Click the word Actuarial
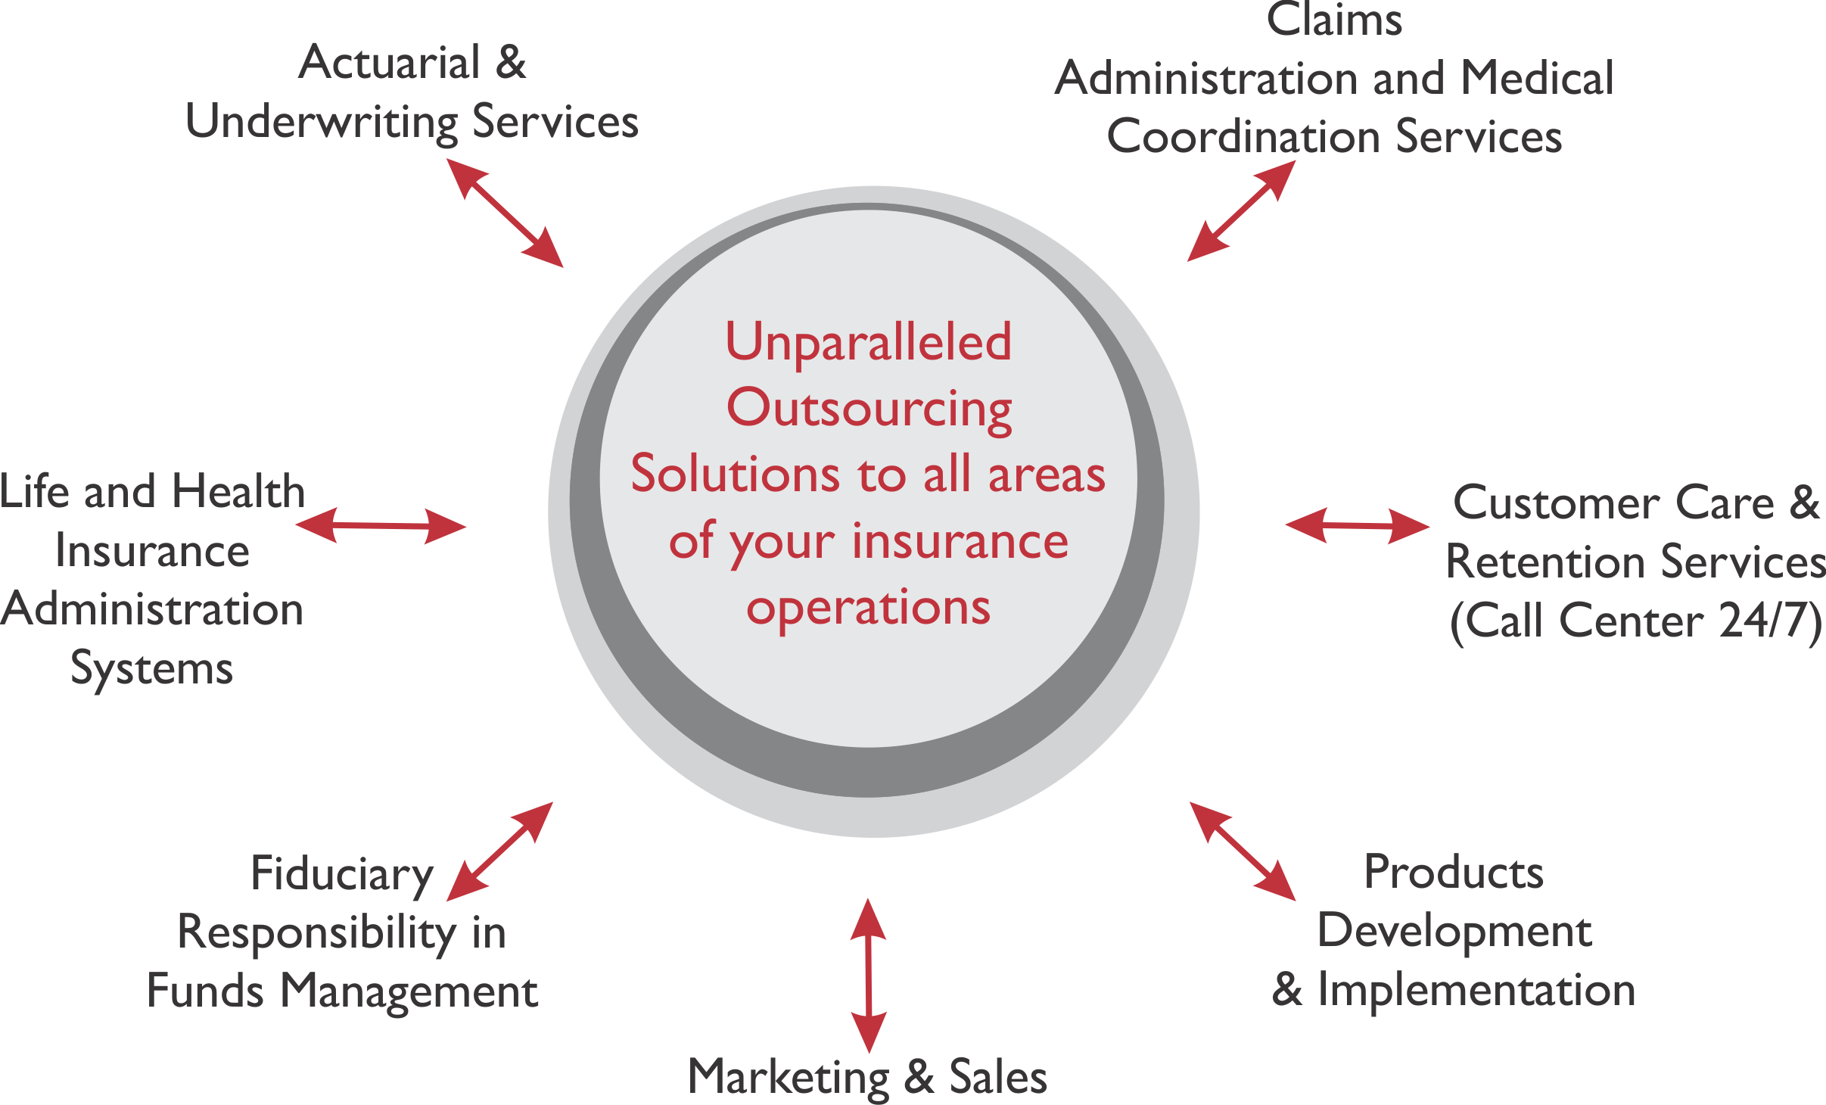(390, 62)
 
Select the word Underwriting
(322, 123)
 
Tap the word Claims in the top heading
(1334, 19)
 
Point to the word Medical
(1537, 78)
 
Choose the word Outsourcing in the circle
(869, 409)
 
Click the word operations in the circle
(868, 609)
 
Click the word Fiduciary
(342, 876)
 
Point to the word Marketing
(788, 1079)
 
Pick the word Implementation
(1476, 991)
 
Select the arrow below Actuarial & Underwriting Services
(505, 213)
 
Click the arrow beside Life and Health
(381, 525)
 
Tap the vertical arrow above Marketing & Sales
(869, 976)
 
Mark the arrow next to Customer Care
(1358, 525)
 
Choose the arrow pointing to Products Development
(1243, 851)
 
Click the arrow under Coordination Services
(1241, 211)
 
